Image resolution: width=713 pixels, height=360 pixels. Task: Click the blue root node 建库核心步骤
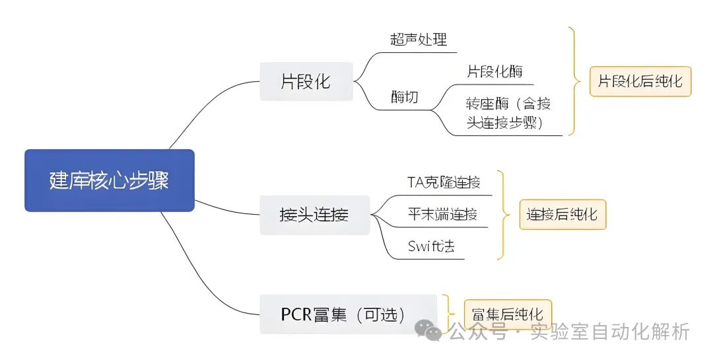pyautogui.click(x=110, y=180)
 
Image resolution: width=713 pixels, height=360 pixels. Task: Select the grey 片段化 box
pyautogui.click(x=306, y=82)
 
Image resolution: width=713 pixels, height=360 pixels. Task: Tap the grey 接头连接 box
pyautogui.click(x=314, y=215)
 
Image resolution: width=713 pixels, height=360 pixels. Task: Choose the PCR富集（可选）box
pyautogui.click(x=349, y=314)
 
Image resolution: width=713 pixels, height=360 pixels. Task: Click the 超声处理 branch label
pyautogui.click(x=419, y=40)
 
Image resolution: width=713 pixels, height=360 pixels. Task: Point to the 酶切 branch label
pyautogui.click(x=405, y=98)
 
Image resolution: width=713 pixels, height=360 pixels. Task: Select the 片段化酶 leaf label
pyautogui.click(x=495, y=71)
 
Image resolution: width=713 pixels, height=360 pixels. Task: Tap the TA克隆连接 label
pyautogui.click(x=444, y=182)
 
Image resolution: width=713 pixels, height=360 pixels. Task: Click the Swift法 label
pyautogui.click(x=432, y=246)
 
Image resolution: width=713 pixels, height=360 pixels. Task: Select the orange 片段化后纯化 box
pyautogui.click(x=640, y=82)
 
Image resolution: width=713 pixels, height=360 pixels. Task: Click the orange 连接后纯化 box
pyautogui.click(x=562, y=215)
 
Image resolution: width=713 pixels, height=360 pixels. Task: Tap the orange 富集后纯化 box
pyautogui.click(x=507, y=313)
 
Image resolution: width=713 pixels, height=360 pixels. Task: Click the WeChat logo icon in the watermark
pyautogui.click(x=433, y=330)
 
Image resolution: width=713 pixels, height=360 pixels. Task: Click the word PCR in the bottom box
pyautogui.click(x=296, y=314)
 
